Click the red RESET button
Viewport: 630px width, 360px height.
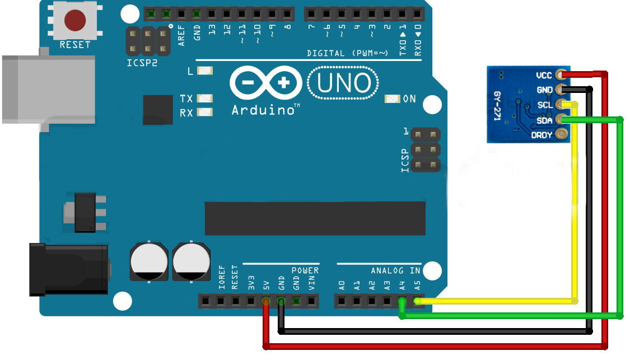coord(75,21)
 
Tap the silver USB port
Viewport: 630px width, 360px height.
coord(49,89)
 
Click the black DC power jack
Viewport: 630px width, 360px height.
coord(69,269)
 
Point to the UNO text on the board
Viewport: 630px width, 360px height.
coord(343,83)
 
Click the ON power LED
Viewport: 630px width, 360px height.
coord(393,99)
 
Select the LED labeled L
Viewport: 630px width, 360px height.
coord(205,71)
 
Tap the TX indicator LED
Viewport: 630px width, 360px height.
coord(205,99)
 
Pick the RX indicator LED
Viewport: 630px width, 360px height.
coord(205,112)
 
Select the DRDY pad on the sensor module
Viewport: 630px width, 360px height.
coord(561,134)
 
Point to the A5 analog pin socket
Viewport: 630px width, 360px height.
coord(417,301)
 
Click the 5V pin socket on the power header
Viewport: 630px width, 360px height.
coord(266,301)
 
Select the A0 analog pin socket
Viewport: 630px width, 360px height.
coord(342,301)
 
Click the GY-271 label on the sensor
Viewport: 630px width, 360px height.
coord(497,106)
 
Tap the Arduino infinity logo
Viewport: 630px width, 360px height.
coord(266,83)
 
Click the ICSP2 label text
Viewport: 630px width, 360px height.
coord(142,63)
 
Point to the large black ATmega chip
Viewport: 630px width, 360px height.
coord(315,218)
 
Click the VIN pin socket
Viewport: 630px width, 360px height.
coord(311,301)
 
